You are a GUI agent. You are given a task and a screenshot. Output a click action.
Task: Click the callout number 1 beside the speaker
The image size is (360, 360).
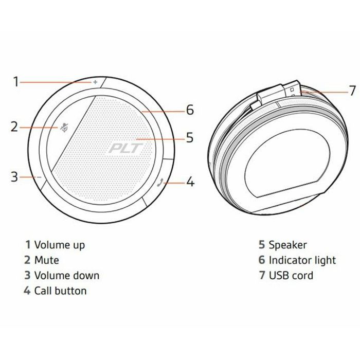click(15, 81)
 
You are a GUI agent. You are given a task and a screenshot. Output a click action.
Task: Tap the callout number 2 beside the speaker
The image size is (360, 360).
click(14, 127)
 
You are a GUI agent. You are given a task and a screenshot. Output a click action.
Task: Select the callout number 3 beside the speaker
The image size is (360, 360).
click(14, 177)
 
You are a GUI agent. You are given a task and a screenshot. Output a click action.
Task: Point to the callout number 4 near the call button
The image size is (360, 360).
click(190, 182)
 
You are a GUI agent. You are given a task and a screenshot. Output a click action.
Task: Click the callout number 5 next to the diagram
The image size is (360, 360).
click(190, 138)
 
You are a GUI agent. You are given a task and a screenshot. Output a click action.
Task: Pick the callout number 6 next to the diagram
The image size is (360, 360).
click(190, 110)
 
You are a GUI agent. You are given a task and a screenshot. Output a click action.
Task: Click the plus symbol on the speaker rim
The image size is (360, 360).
click(95, 82)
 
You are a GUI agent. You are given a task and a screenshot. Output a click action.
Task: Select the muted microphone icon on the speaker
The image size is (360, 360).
click(64, 128)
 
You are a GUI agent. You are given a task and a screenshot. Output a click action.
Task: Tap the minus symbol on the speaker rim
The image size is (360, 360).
click(39, 177)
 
